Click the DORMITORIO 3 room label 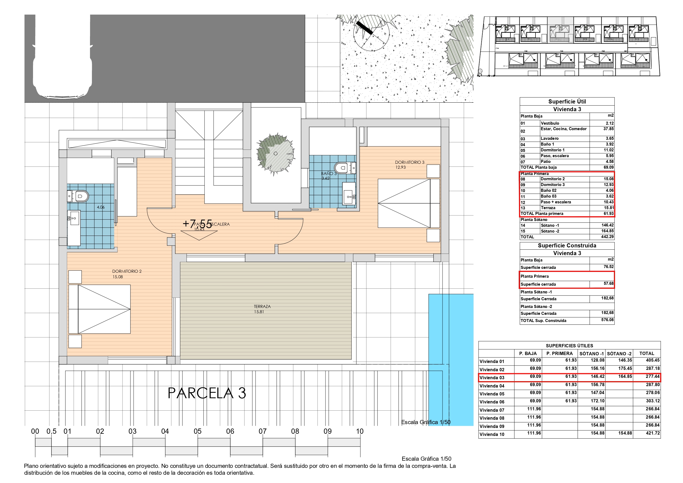tap(409, 162)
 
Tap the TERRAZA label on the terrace tap(262, 306)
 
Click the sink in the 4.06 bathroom tap(73, 219)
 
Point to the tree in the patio tap(275, 154)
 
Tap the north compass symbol tap(371, 33)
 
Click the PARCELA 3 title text tap(207, 393)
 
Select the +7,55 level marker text tap(197, 224)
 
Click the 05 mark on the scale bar tap(198, 431)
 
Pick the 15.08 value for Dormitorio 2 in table tap(608, 179)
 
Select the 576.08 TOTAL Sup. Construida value tap(607, 320)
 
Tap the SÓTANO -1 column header tap(591, 354)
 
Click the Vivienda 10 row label tap(492, 435)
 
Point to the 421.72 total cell tap(652, 433)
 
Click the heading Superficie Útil tap(567, 102)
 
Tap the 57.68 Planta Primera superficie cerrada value tap(608, 284)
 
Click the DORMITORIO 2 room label tap(127, 271)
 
